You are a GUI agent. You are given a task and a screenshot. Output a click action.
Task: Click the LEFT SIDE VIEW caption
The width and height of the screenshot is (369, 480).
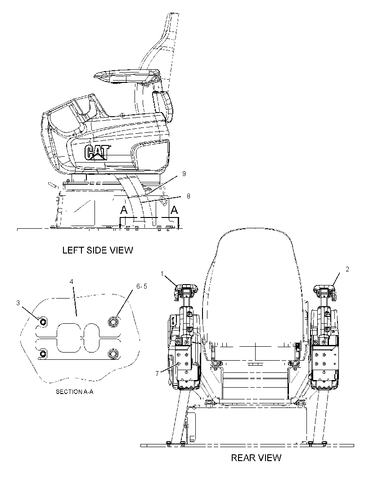[98, 250]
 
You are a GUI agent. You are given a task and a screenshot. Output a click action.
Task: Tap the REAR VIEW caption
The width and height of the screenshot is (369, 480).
[256, 457]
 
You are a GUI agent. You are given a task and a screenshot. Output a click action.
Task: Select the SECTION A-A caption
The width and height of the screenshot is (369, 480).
[75, 392]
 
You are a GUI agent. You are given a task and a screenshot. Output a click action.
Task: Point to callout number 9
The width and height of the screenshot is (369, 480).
[184, 173]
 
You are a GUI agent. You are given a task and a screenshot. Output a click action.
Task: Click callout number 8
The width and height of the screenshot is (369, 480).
[188, 196]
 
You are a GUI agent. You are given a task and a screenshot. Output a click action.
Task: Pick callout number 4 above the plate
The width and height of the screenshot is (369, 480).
[71, 281]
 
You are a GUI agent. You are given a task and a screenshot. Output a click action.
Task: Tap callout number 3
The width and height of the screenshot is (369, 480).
[18, 303]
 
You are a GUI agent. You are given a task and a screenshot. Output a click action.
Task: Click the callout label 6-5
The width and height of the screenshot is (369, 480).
[142, 286]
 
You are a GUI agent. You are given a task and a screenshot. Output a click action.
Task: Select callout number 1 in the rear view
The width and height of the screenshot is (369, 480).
[162, 273]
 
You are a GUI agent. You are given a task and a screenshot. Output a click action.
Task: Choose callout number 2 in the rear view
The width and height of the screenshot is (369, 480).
[347, 269]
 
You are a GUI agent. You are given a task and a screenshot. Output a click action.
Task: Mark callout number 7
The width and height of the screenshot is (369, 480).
[157, 373]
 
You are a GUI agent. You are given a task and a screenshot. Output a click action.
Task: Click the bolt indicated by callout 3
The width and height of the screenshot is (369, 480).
[43, 322]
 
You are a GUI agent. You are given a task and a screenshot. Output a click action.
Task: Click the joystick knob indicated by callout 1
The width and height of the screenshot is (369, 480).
[186, 288]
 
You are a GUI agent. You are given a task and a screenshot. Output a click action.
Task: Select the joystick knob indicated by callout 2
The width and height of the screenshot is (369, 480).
[325, 288]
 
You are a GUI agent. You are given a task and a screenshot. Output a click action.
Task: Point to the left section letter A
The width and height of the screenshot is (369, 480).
[123, 210]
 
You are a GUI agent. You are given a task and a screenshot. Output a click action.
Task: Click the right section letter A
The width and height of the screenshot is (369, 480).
[174, 210]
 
